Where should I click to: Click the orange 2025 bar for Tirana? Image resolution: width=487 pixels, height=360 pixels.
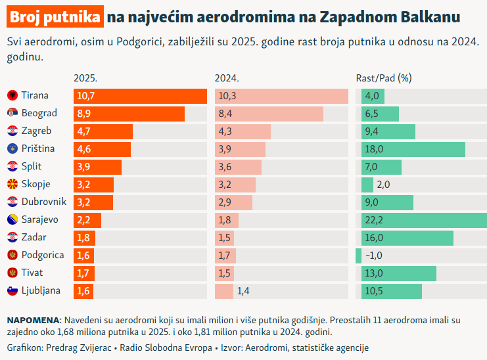coord(141,96)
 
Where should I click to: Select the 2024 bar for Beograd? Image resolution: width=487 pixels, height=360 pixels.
coord(269,114)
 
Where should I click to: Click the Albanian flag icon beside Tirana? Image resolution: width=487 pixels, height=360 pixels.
coord(12,96)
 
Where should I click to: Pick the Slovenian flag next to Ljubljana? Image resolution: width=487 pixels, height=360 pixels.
coord(12,290)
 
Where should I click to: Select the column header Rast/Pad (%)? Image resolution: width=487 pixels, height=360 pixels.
coord(383,78)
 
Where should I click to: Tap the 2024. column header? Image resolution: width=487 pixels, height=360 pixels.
coord(227,78)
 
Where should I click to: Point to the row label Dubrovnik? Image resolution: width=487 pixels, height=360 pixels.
coord(43,202)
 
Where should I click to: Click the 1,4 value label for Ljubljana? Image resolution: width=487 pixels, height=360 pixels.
coord(243,290)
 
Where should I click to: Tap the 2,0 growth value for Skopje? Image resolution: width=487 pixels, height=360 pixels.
coord(383,185)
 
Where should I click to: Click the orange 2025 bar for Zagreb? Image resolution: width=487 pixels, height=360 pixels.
coord(103,131)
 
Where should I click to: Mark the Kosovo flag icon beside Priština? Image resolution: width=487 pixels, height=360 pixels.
coord(12,149)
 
